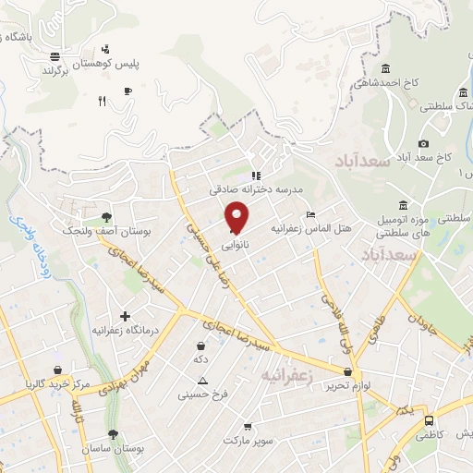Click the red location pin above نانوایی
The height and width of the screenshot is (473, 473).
pyautogui.click(x=237, y=217)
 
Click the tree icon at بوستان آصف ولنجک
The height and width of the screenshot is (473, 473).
pyautogui.click(x=107, y=219)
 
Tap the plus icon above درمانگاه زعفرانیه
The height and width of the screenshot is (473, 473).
pyautogui.click(x=126, y=316)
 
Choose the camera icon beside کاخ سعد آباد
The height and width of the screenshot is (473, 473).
pyautogui.click(x=423, y=143)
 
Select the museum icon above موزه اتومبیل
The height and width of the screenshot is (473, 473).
pyautogui.click(x=403, y=205)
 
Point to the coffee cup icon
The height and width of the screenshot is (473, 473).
pyautogui.click(x=128, y=89)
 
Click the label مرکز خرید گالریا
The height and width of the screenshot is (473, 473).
pyautogui.click(x=57, y=382)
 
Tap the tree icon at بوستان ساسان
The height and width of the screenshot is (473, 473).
pyautogui.click(x=113, y=433)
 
